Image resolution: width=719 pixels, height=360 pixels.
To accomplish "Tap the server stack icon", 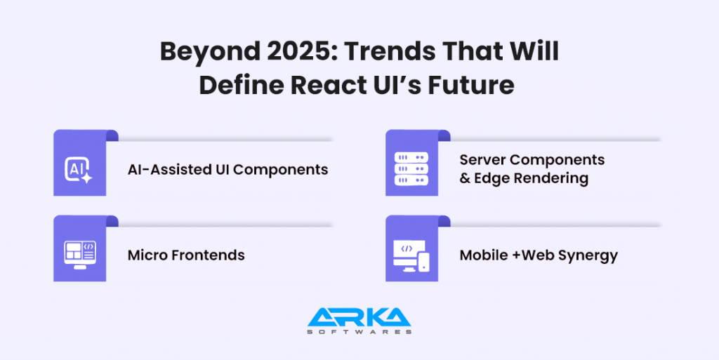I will tap(411, 170).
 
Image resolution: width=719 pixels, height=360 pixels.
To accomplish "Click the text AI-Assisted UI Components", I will tap(227, 170).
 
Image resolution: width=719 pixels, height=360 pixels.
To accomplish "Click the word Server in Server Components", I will tap(484, 160).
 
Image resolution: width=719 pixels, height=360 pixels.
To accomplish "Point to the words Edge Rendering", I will tap(532, 179).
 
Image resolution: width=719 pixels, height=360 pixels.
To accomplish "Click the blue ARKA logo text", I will tap(359, 316).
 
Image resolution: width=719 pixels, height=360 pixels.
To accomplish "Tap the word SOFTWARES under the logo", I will tap(359, 331).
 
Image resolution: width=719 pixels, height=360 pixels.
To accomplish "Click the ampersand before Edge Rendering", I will tap(465, 179).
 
